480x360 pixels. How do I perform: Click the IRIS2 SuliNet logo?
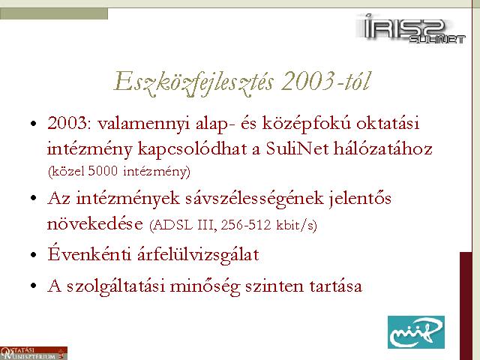410,28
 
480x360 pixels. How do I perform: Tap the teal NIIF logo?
416,331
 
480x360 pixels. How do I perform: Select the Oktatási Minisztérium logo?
33,353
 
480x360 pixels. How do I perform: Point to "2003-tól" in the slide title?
325,81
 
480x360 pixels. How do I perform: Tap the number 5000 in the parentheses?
103,171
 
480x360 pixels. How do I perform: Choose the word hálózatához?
383,148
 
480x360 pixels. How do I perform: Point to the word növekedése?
95,223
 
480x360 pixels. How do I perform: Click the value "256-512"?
246,225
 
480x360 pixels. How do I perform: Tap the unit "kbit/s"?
295,225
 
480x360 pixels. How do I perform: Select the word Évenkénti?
89,253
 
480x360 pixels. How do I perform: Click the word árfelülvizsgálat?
198,255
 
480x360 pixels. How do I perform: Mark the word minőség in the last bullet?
205,286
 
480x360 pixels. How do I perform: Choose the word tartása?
336,286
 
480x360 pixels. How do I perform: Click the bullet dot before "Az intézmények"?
34,198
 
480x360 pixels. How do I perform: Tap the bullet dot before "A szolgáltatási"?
34,286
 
